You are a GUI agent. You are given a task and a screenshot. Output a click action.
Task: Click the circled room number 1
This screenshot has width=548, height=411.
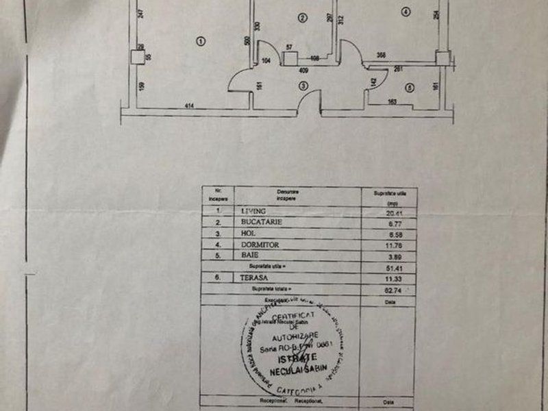pyautogui.click(x=200, y=40)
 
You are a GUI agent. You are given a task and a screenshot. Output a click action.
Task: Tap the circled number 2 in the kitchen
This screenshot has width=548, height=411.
pyautogui.click(x=301, y=16)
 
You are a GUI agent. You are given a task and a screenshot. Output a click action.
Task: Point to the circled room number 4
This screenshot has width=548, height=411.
pyautogui.click(x=406, y=11)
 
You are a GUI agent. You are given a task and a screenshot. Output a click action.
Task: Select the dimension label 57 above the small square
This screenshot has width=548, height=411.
pyautogui.click(x=289, y=47)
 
